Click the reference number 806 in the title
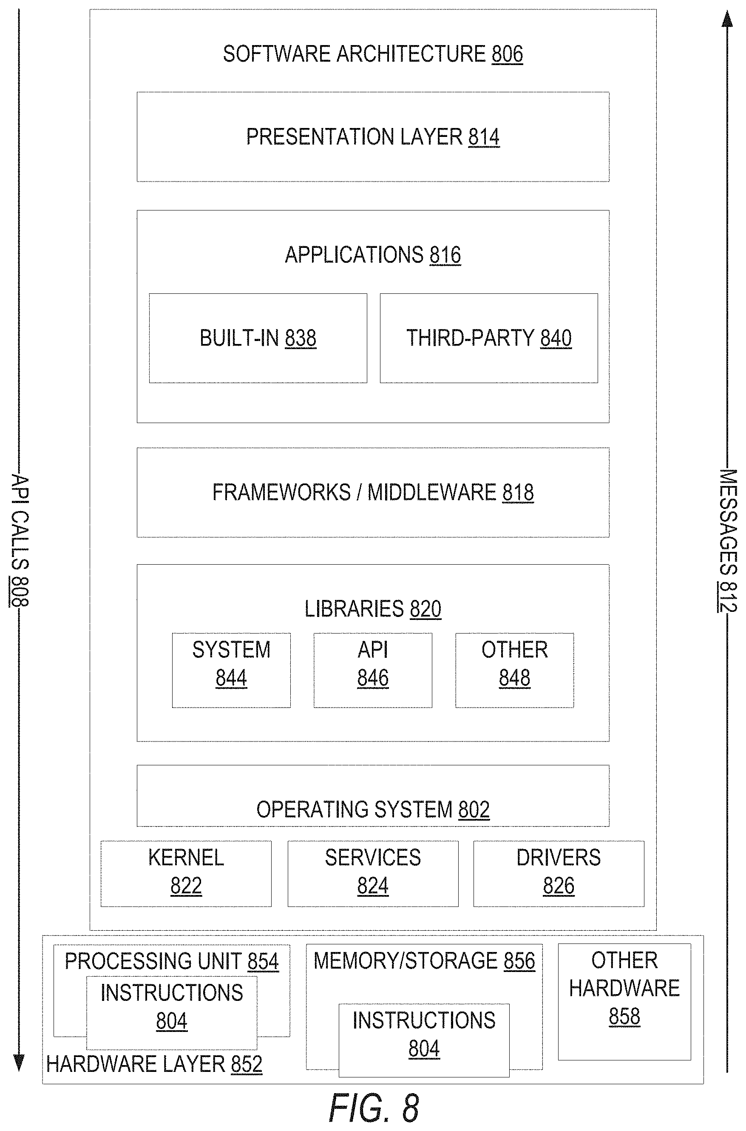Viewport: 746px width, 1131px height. point(507,54)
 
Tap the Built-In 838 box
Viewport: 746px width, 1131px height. point(258,338)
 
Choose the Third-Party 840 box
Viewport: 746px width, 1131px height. point(488,338)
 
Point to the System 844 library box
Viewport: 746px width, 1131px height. point(231,670)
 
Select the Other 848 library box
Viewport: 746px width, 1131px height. point(514,670)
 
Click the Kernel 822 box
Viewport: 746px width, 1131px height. point(186,874)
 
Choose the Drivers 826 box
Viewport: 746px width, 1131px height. point(559,874)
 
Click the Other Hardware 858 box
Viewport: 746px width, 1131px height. point(624,1002)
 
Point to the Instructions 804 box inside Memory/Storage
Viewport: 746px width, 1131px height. point(424,1040)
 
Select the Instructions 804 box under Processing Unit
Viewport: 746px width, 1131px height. point(172,1012)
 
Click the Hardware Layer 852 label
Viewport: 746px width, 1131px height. point(154,1064)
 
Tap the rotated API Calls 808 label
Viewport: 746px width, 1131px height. point(20,540)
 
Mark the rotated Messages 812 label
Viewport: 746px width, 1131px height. point(727,540)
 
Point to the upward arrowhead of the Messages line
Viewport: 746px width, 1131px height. point(727,19)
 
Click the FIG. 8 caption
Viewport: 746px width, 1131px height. point(374,1108)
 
